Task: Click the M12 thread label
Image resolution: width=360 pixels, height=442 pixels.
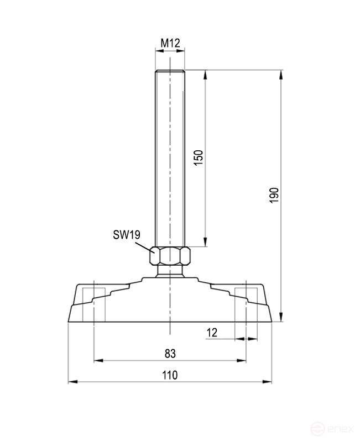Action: (171, 43)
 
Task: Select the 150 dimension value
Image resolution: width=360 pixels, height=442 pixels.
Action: (200, 157)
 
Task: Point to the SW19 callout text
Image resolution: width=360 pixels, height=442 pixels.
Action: (126, 235)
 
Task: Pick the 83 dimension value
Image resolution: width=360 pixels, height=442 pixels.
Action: (170, 353)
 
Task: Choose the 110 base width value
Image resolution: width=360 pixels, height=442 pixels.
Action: (170, 375)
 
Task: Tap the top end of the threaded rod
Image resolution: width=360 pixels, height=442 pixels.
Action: (171, 72)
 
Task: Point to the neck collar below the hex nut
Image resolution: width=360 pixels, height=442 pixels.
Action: (171, 271)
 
